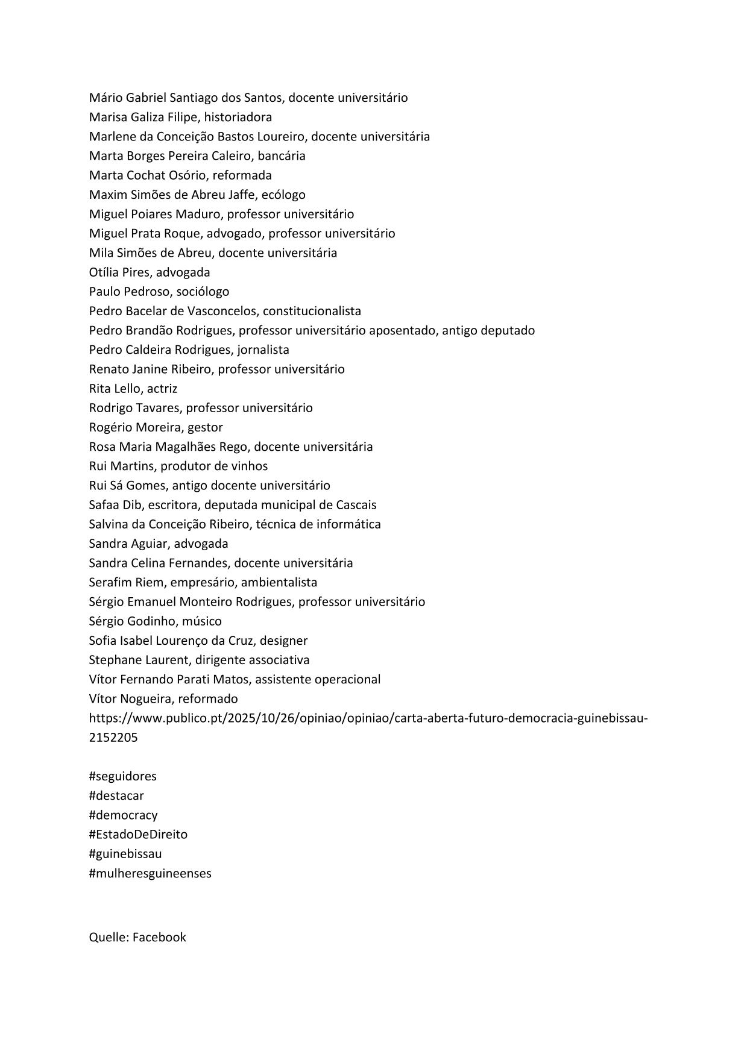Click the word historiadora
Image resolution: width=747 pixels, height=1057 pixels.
tap(238, 117)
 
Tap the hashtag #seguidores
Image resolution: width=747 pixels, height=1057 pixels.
tap(122, 776)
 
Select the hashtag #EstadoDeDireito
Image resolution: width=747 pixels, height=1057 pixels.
tap(138, 835)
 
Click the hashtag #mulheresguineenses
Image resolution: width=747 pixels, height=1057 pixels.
tap(150, 873)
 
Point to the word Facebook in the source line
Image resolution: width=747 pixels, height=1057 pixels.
tap(159, 937)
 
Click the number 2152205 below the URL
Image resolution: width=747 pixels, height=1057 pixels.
tap(113, 738)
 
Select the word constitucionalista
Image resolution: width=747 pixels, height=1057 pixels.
tap(312, 311)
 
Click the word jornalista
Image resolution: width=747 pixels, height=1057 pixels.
tap(263, 350)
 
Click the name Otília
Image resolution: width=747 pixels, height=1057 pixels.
tap(104, 272)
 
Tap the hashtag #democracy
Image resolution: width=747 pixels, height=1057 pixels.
tap(123, 815)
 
